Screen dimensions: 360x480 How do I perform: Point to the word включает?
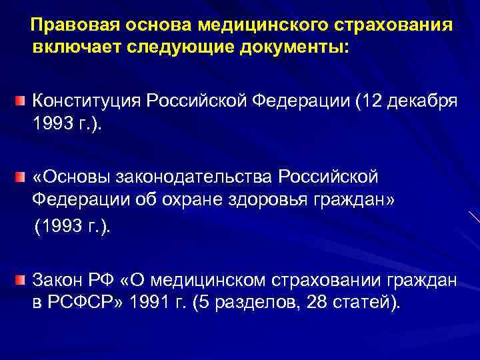click(70, 47)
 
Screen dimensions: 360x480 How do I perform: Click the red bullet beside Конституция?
click(21, 101)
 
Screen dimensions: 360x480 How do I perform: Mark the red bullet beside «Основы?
click(21, 177)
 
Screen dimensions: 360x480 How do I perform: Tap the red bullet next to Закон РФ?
click(21, 278)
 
